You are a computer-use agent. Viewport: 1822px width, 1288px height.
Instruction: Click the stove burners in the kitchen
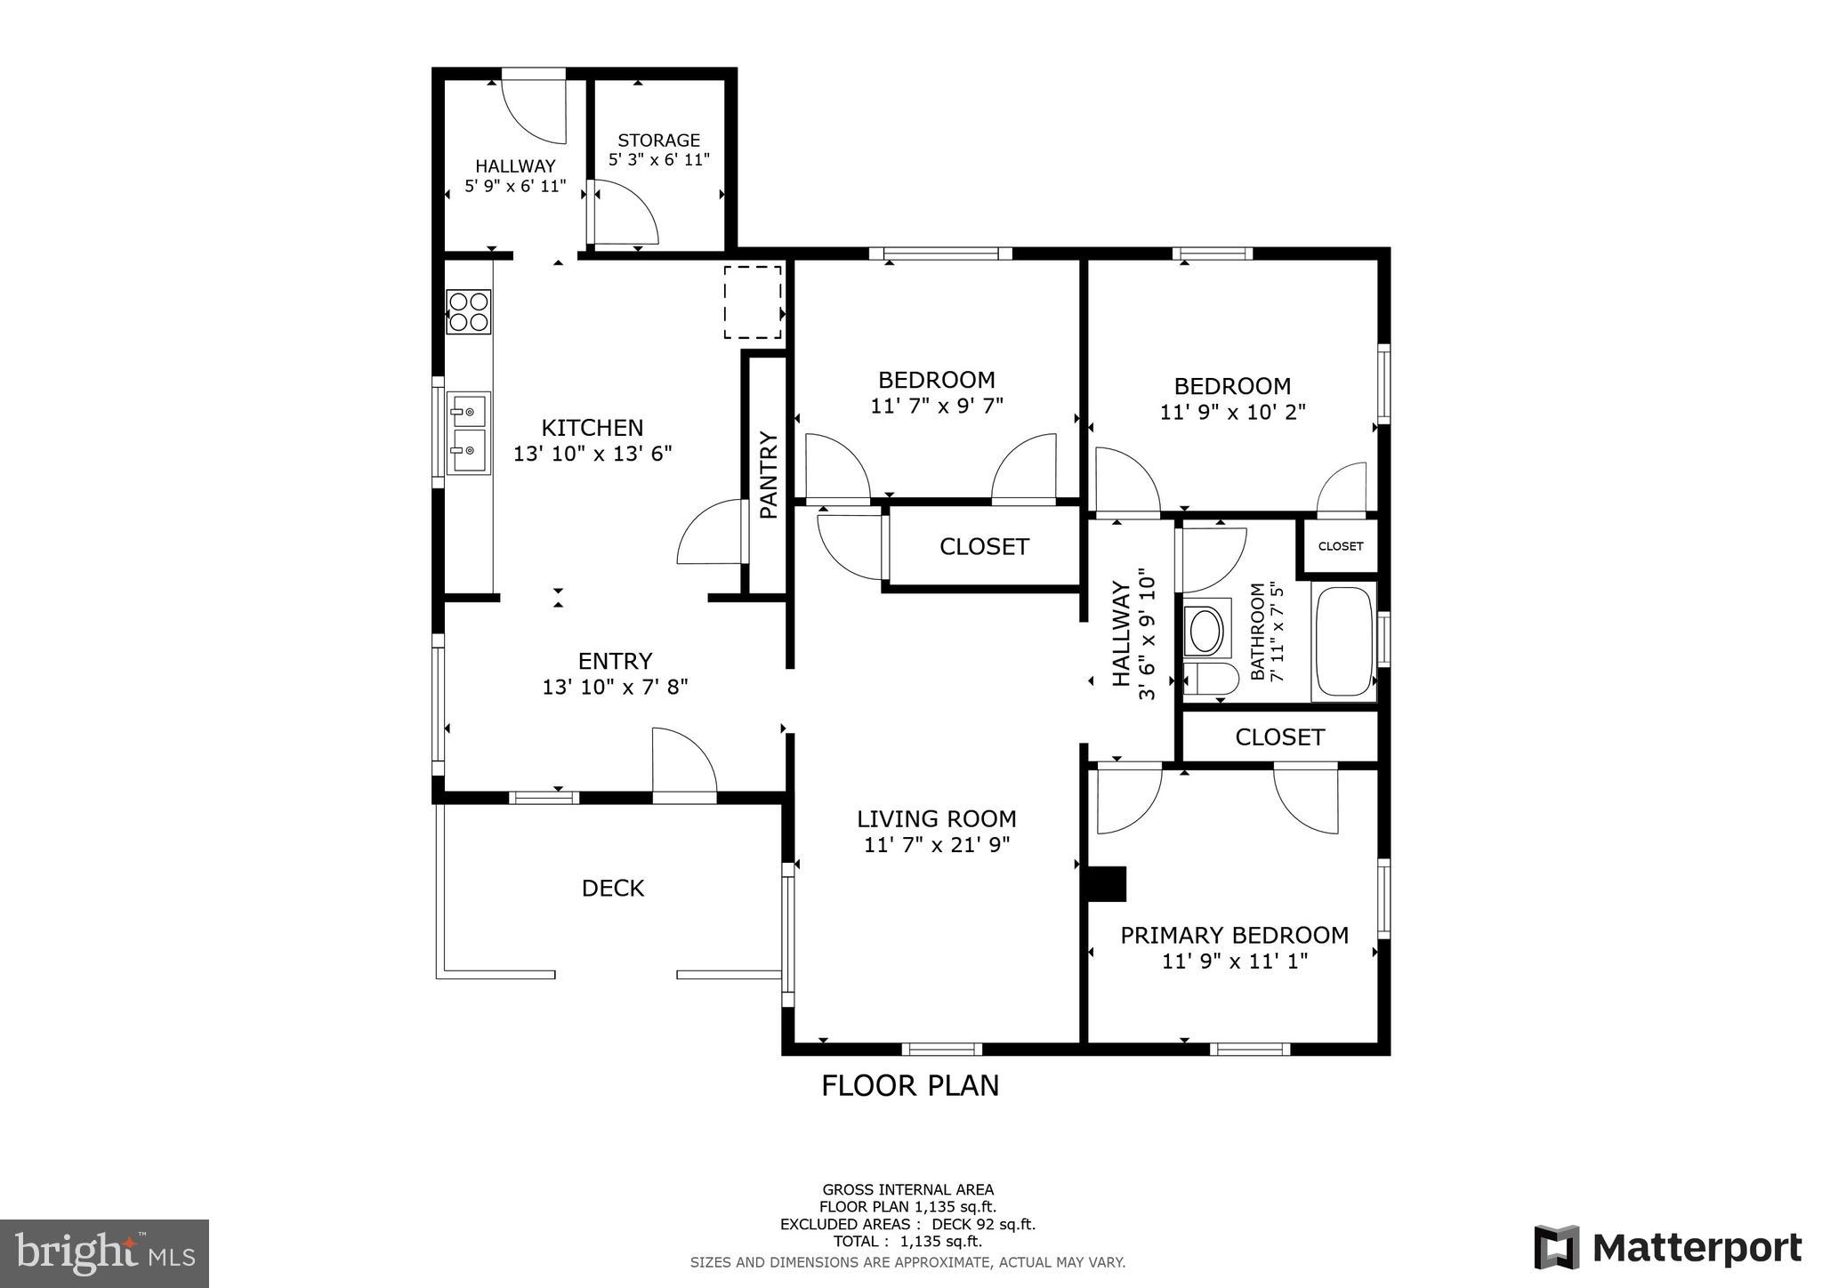(469, 311)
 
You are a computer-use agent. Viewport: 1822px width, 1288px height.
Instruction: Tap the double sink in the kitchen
(468, 434)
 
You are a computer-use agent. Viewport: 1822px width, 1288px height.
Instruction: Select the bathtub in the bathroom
(1343, 640)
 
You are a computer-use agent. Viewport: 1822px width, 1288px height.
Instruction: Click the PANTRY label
(769, 475)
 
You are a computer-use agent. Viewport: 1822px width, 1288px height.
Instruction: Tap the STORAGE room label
(658, 141)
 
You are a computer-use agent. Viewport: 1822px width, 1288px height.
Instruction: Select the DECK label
(612, 888)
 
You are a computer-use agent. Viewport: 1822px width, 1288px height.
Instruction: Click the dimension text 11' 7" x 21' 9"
(937, 844)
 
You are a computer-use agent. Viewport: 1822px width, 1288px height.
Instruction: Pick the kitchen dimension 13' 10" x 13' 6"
(593, 454)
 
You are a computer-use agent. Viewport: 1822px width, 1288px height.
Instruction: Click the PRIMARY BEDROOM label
(1234, 935)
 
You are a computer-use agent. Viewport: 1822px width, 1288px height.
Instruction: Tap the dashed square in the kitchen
(753, 302)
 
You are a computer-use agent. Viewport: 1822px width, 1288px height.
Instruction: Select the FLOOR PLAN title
(909, 1085)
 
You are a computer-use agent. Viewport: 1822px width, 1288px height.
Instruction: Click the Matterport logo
(1667, 1247)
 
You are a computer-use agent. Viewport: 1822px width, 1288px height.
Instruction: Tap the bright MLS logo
(104, 1253)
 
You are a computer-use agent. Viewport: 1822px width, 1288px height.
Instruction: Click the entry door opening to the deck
(683, 763)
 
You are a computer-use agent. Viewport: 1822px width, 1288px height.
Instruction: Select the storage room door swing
(625, 213)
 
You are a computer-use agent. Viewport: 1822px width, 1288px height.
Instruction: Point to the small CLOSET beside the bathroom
(1340, 546)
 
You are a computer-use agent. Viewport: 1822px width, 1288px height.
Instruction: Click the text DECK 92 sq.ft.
(983, 1224)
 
